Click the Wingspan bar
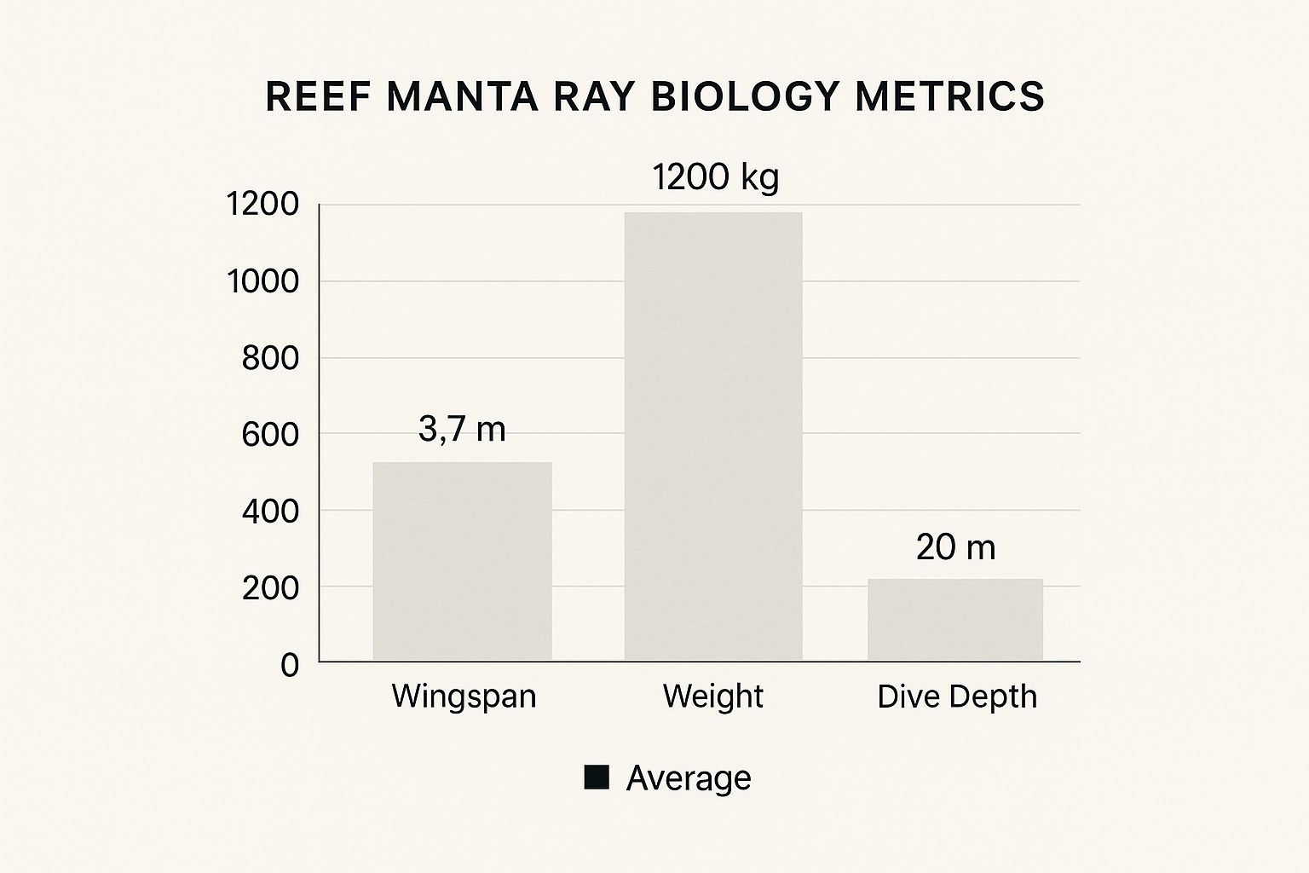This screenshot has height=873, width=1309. (462, 561)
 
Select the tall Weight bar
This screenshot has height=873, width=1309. (713, 436)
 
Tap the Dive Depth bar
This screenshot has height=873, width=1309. (955, 620)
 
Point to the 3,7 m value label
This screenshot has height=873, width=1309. (462, 429)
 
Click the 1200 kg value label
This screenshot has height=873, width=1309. (715, 177)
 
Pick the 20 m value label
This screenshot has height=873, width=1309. (955, 547)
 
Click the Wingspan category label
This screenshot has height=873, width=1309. (464, 697)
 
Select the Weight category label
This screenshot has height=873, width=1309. (712, 697)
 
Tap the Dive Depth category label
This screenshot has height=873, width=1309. (957, 697)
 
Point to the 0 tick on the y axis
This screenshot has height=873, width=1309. (290, 664)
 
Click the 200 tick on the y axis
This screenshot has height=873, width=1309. (271, 588)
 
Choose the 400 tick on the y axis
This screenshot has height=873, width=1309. (271, 512)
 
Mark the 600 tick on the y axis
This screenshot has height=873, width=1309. (271, 435)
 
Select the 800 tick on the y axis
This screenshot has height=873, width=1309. (271, 358)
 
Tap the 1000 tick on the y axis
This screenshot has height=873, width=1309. (263, 281)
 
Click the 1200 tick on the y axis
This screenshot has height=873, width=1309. (263, 205)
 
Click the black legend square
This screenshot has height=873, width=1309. (597, 778)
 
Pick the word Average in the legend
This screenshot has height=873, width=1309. (689, 778)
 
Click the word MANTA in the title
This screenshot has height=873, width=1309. (463, 96)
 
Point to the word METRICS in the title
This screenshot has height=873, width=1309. (950, 96)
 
